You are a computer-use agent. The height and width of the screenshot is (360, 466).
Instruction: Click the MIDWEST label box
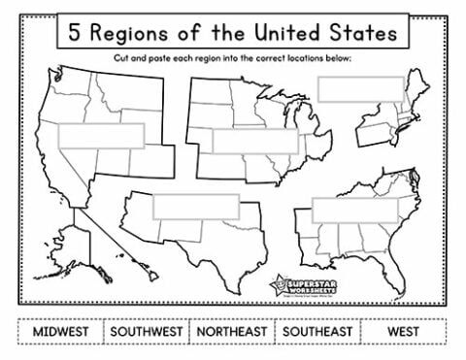(x=61, y=331)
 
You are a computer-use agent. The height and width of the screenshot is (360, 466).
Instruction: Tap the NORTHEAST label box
(x=233, y=331)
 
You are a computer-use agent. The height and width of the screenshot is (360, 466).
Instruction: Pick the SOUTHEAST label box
(x=316, y=331)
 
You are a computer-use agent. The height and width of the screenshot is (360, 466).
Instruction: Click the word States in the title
(x=358, y=33)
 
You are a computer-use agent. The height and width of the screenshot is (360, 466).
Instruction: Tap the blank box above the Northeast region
(x=358, y=88)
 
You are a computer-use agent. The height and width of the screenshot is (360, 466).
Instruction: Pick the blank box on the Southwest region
(x=196, y=206)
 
